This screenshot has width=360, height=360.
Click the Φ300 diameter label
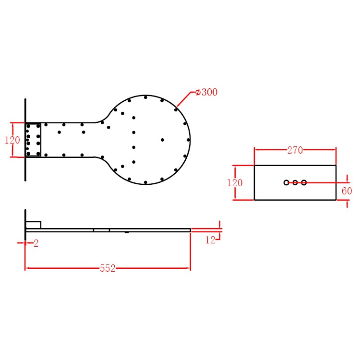(x=206, y=92)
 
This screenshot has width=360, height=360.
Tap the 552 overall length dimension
(x=108, y=268)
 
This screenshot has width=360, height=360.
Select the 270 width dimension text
(x=295, y=150)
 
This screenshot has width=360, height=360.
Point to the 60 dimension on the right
(x=347, y=191)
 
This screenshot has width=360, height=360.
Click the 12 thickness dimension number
(x=210, y=240)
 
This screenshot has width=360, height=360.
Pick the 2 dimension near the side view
(x=36, y=243)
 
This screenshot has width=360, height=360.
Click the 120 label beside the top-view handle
(x=12, y=140)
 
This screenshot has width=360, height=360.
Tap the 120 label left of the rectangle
(x=235, y=183)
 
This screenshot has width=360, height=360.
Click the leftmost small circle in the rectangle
(x=286, y=182)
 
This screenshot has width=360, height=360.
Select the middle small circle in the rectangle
(x=295, y=182)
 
